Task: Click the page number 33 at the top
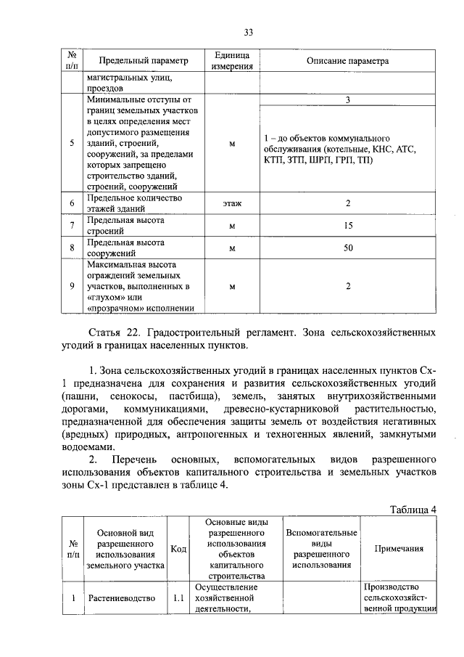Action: tap(248, 33)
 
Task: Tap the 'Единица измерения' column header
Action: tap(231, 61)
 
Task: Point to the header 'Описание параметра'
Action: tap(347, 61)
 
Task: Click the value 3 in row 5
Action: tap(348, 100)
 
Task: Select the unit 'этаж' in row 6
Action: tap(232, 203)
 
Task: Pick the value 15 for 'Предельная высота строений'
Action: tap(348, 226)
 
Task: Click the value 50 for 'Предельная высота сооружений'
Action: tap(348, 248)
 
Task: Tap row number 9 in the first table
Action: tap(72, 286)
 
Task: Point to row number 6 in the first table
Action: tap(72, 203)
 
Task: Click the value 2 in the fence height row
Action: tap(348, 286)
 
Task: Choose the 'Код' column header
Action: tap(178, 549)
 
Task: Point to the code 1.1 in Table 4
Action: tap(178, 599)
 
